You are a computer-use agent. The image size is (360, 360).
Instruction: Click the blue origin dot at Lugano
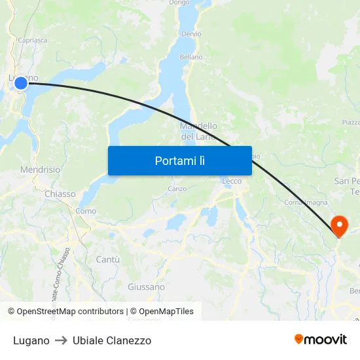point(21,82)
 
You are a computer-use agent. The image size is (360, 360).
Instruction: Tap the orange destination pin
point(340,226)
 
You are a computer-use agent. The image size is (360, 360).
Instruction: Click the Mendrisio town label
point(41,170)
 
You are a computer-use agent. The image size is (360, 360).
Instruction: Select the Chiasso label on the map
point(60,194)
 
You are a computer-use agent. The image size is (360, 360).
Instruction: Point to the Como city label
point(86,211)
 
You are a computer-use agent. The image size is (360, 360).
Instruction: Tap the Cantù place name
point(108,259)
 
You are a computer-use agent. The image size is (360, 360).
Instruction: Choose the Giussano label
point(146,287)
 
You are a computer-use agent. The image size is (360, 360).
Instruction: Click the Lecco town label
point(232,181)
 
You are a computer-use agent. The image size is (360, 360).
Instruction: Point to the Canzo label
point(177,189)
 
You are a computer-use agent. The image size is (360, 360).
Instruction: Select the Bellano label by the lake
point(191,57)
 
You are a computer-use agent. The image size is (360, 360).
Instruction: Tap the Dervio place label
point(192,33)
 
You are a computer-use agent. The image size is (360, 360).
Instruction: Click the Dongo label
point(179,3)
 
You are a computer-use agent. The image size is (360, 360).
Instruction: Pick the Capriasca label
point(33,40)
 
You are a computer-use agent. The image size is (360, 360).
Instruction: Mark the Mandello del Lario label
point(198,131)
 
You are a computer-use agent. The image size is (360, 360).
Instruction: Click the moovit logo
point(321,340)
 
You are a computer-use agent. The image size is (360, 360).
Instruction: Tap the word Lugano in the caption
point(31,340)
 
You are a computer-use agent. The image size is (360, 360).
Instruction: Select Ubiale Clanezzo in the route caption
point(112,340)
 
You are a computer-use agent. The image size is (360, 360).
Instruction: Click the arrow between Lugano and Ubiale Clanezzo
point(61,340)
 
